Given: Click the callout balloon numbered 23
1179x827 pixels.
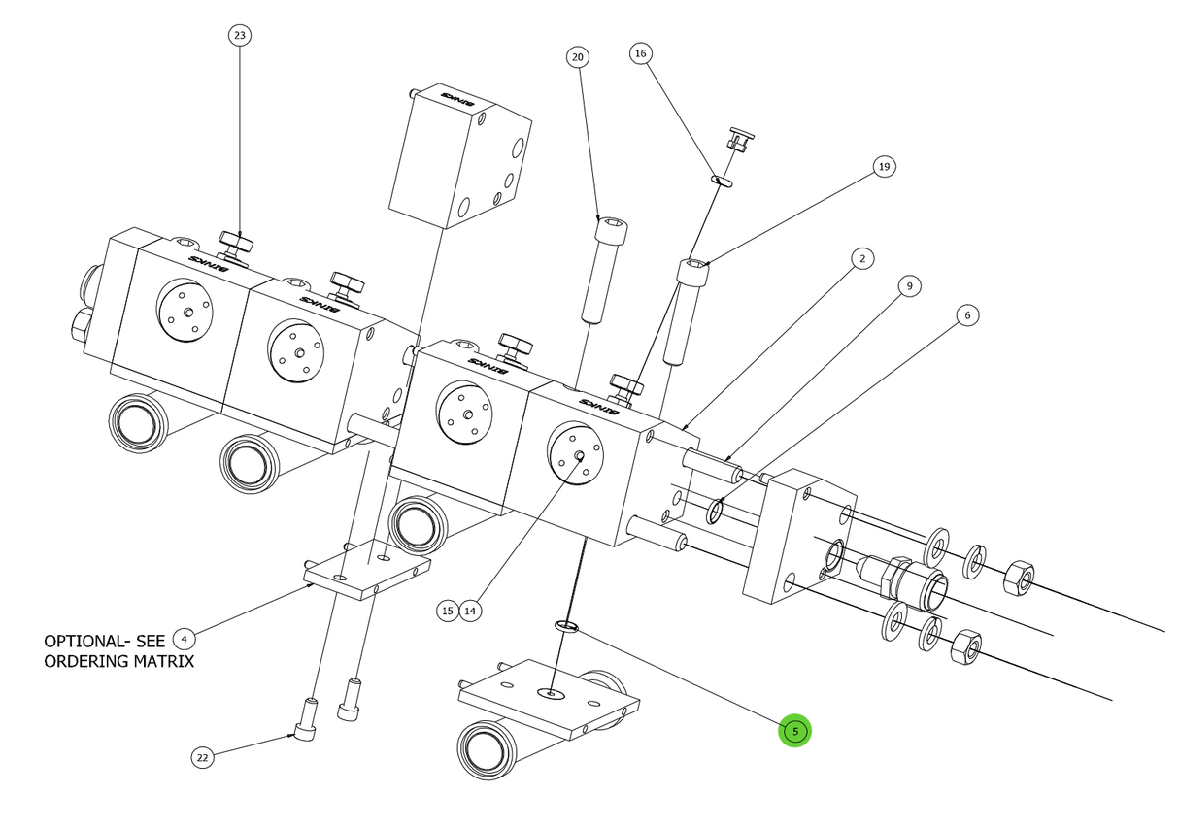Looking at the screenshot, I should [239, 36].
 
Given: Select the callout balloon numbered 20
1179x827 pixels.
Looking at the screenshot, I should [578, 57].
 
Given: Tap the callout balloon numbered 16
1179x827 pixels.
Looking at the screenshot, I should [640, 53].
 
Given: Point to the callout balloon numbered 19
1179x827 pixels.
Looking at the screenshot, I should [883, 167].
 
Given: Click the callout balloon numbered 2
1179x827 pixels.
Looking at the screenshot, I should [860, 258].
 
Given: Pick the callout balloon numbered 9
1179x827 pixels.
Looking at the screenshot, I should [908, 286].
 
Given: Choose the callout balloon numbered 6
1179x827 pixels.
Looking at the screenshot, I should [966, 314].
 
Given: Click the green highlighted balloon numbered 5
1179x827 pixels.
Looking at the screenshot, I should [794, 731].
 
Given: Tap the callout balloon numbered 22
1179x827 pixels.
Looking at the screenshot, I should [202, 758].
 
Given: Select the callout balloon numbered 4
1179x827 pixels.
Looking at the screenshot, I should [184, 639].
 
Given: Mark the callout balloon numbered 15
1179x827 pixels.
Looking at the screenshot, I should [447, 611].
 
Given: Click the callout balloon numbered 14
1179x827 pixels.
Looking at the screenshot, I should [470, 611].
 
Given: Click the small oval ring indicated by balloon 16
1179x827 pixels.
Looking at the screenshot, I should [723, 180].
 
